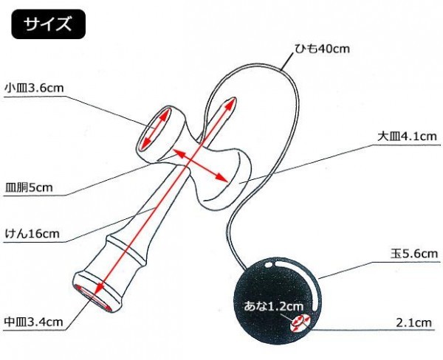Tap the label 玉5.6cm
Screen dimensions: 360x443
[415, 254]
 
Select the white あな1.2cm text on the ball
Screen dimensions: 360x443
[273, 305]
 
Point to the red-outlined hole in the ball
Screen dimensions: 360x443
[300, 321]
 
